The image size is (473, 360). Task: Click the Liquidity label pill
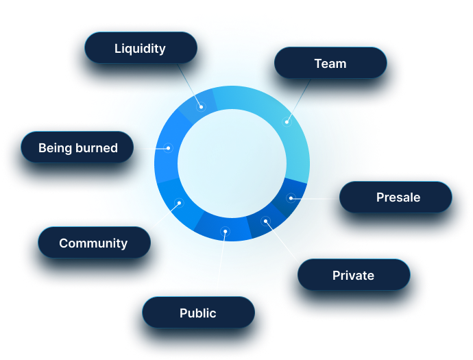click(141, 49)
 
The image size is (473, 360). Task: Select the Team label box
click(330, 64)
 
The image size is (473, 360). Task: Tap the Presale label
click(396, 197)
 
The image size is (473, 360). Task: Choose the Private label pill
click(354, 276)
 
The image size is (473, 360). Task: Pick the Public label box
click(198, 313)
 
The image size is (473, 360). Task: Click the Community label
click(93, 243)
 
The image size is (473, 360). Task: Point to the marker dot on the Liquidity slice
click(202, 106)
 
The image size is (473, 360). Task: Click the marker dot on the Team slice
click(287, 122)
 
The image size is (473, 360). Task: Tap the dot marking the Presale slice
click(291, 198)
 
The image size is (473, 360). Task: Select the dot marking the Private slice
click(265, 221)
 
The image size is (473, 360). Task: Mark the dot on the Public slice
click(223, 231)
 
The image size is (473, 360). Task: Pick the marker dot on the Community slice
click(178, 203)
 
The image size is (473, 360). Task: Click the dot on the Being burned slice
click(168, 147)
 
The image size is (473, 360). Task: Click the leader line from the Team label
click(298, 100)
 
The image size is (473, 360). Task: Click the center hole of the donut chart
click(232, 163)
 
